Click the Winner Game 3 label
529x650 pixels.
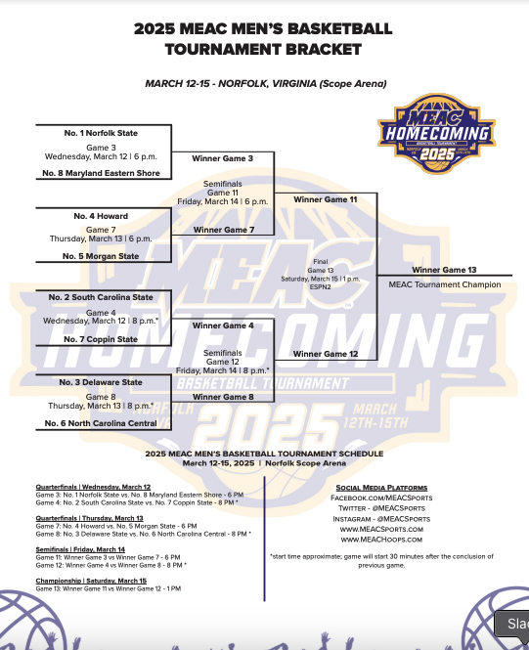[223, 157]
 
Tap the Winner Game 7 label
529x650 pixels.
[223, 230]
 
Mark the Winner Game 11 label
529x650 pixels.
[326, 198]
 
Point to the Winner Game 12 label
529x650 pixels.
[326, 354]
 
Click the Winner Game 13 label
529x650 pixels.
[444, 269]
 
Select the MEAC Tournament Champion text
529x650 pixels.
[444, 284]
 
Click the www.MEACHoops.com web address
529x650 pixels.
[381, 539]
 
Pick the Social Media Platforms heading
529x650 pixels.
[381, 487]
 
